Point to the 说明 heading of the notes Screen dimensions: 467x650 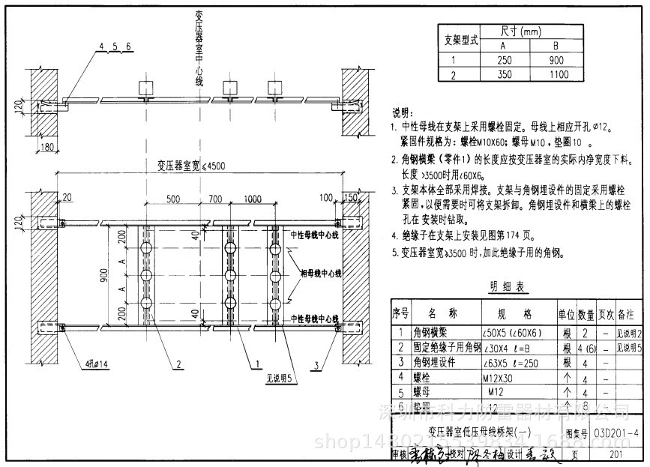tap(403, 112)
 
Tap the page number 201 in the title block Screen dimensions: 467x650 tap(616, 454)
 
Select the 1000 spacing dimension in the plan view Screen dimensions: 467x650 tap(252, 199)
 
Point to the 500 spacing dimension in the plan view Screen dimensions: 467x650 tap(173, 199)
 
